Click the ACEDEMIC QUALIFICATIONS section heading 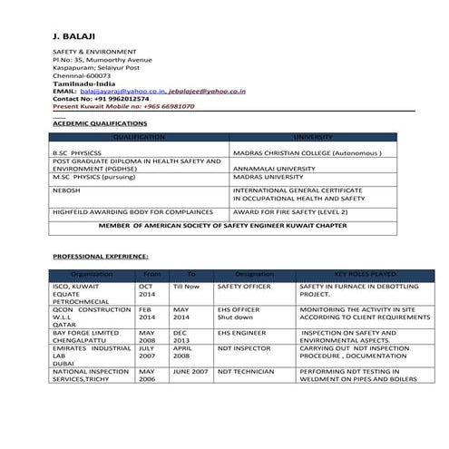coord(100,122)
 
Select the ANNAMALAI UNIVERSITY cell coord(277,169)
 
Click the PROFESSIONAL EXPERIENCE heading coord(101,257)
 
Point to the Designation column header coord(254,273)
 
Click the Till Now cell coord(185,286)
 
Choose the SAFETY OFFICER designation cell coord(244,286)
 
